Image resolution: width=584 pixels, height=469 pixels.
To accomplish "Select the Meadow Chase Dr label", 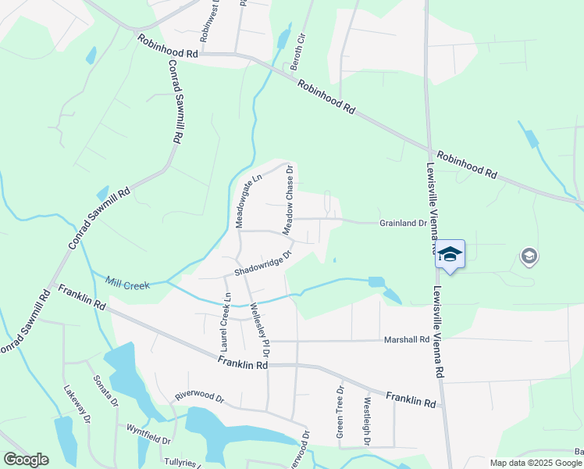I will [287, 200].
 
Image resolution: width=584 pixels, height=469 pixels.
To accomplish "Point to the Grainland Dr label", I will [403, 223].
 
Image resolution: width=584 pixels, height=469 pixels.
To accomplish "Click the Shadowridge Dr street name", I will [263, 263].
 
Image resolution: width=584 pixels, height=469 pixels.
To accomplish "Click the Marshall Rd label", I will [407, 340].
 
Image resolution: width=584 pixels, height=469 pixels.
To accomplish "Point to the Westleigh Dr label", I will [366, 421].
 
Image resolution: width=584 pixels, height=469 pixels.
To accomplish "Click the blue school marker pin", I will [450, 255].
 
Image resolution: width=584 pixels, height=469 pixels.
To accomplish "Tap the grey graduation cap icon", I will [529, 256].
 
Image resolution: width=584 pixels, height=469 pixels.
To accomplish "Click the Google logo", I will [26, 460].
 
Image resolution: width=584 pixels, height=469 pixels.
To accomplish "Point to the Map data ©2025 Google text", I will [535, 463].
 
